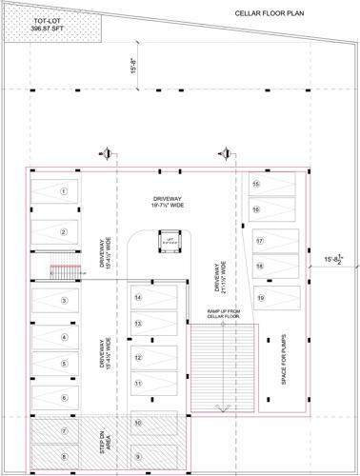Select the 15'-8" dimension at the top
tap(135, 69)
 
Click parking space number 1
tap(63, 191)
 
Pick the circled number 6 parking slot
tap(63, 397)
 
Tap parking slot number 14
tap(138, 298)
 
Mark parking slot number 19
tap(259, 298)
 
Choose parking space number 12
tap(138, 358)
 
